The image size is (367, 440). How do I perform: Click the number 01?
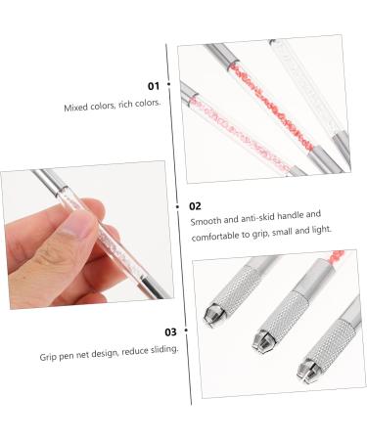point(154,86)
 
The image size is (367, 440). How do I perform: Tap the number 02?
point(195,206)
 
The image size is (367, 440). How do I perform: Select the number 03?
point(170,332)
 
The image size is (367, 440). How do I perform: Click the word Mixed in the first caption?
point(72,108)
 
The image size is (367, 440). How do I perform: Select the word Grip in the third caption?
point(48,357)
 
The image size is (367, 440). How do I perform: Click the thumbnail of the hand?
point(87,235)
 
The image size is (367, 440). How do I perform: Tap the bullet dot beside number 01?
point(168,84)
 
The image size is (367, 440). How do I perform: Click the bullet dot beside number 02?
point(178,206)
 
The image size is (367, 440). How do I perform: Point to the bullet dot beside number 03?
point(186,330)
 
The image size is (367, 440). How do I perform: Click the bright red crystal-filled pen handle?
point(272,106)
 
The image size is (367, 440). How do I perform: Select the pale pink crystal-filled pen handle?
point(241,134)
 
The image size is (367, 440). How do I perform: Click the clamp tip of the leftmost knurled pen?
point(212,315)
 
